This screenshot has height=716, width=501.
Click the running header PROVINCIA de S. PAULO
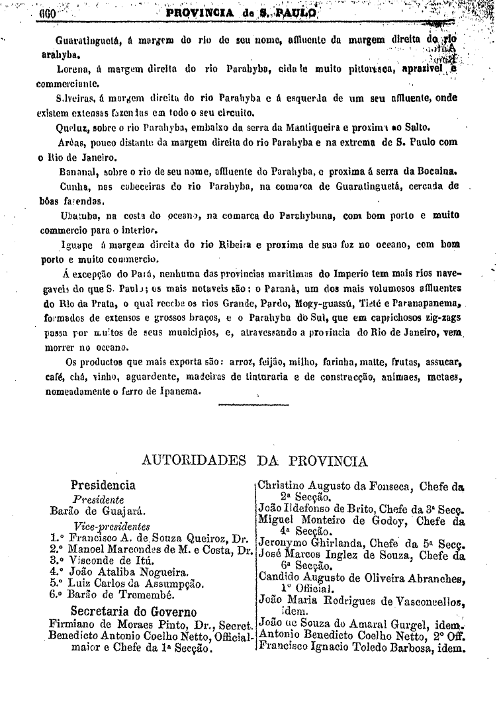[x=242, y=12]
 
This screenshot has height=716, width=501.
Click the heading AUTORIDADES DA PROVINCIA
[x=255, y=461]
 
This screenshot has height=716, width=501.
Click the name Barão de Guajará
[x=98, y=511]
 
